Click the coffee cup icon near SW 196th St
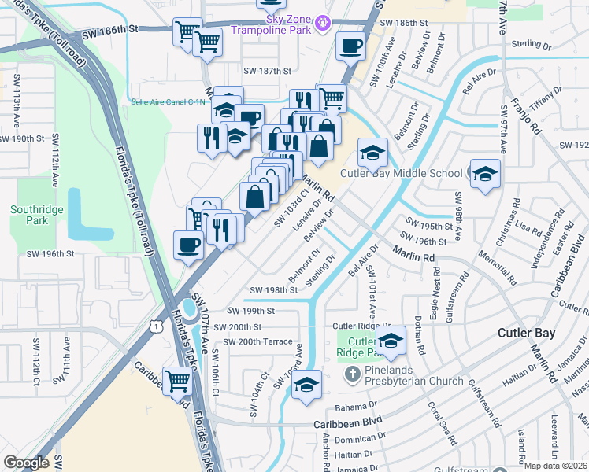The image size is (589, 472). pos(188,245)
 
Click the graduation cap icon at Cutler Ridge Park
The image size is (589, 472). pos(390,341)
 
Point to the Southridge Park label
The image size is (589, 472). pos(29,215)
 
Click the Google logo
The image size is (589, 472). pos(26,463)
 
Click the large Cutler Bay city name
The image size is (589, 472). pos(526,333)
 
